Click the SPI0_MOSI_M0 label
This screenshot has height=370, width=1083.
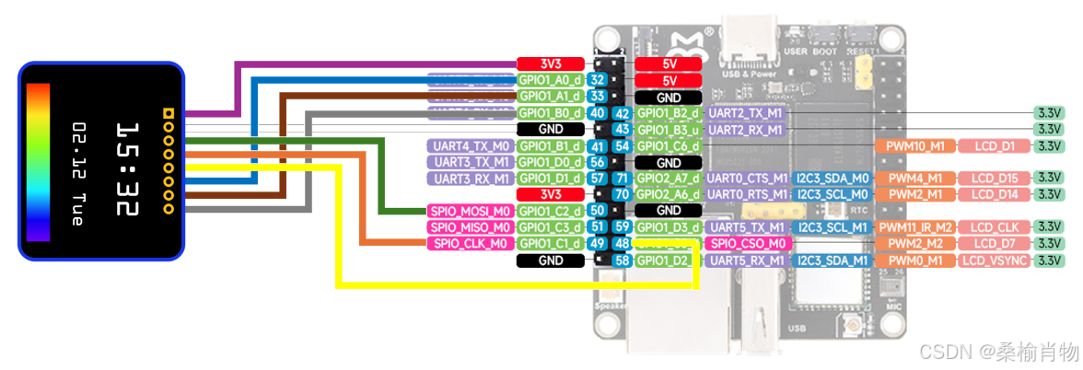470,211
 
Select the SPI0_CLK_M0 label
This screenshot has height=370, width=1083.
470,244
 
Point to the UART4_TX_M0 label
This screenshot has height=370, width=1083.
470,145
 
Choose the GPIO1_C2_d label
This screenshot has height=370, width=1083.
550,211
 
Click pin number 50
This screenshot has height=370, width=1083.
597,211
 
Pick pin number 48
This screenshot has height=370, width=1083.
622,244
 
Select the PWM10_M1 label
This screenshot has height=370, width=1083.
914,145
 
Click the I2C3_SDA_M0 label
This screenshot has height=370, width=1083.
833,178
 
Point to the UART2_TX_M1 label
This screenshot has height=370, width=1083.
745,112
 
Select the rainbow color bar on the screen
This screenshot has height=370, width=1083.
38,162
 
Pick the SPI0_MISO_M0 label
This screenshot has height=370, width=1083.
470,227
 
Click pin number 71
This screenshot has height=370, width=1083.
622,178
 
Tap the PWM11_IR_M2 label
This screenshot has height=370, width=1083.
914,226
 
